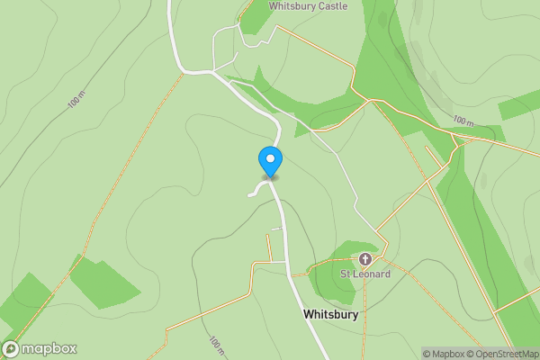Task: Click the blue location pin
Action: pyautogui.click(x=270, y=162)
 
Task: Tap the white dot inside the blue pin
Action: pyautogui.click(x=270, y=159)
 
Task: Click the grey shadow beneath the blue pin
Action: pyautogui.click(x=270, y=177)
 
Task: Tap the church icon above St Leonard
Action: pyautogui.click(x=364, y=259)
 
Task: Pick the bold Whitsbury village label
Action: pyautogui.click(x=331, y=315)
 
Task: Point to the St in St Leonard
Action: pyautogui.click(x=345, y=274)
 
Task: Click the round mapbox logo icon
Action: pyautogui.click(x=11, y=349)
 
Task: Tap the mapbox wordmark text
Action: pyautogui.click(x=49, y=349)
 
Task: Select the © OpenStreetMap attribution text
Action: pyautogui.click(x=507, y=354)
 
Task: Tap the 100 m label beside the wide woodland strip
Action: pyautogui.click(x=463, y=121)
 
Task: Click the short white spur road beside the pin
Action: pyautogui.click(x=256, y=190)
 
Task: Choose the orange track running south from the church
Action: pyautogui.click(x=364, y=315)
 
